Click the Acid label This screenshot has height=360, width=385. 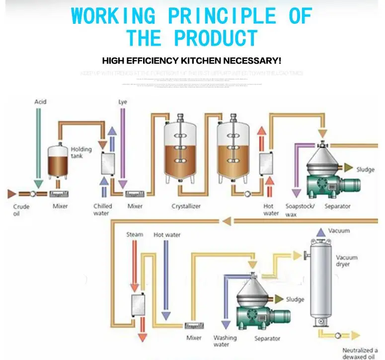[x=40, y=102]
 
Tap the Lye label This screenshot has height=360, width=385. [x=123, y=102]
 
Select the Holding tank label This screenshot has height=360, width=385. [x=81, y=152]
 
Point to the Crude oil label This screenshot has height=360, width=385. [x=21, y=210]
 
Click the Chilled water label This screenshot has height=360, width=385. [x=103, y=210]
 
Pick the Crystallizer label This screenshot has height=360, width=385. [x=186, y=206]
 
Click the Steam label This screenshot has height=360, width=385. [x=135, y=234]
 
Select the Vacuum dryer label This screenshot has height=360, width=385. [x=347, y=261]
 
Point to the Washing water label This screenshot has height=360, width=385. [x=225, y=341]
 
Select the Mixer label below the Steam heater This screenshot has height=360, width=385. [x=194, y=338]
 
